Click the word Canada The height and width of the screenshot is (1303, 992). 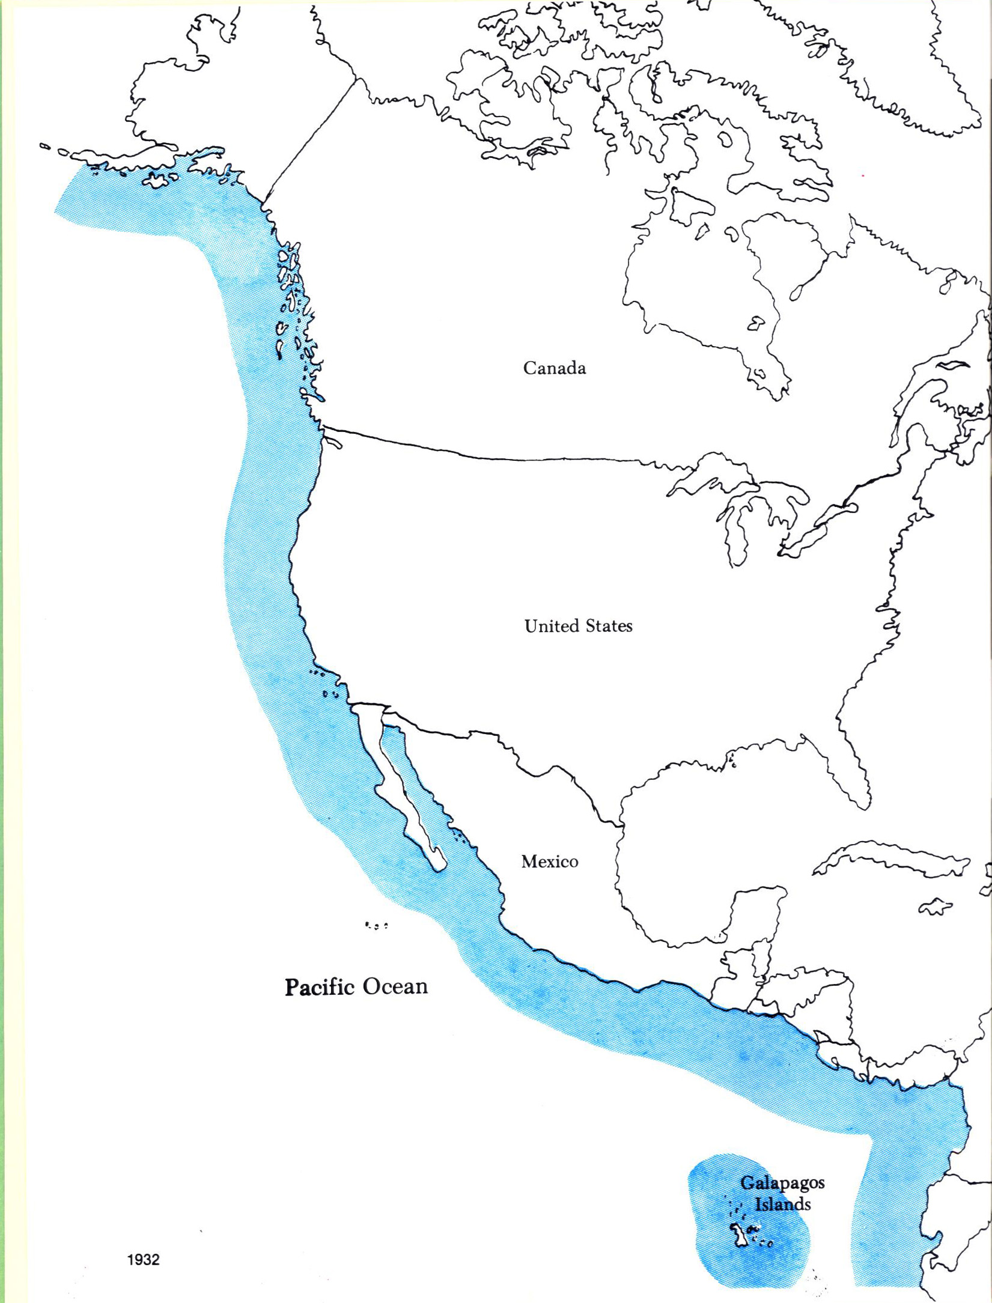tap(554, 368)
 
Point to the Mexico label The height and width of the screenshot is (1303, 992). tap(549, 861)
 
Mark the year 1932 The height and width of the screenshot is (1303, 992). tap(144, 1260)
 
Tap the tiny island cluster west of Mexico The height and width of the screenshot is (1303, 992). tap(376, 926)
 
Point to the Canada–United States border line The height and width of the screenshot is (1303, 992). tap(481, 457)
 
